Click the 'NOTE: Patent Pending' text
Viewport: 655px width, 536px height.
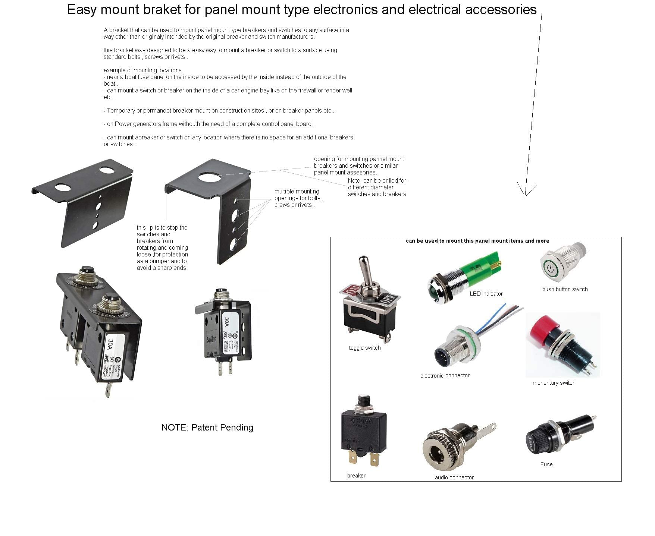click(x=207, y=428)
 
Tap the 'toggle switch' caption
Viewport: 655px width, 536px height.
click(x=364, y=348)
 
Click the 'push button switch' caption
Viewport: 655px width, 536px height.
click(x=565, y=289)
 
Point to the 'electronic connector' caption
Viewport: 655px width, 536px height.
click(x=445, y=375)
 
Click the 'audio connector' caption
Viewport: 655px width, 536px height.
click(x=454, y=477)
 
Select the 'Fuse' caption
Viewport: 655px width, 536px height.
click(x=546, y=464)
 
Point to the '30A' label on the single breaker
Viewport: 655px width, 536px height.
click(x=226, y=321)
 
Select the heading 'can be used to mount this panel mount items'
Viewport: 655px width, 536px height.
click(x=477, y=241)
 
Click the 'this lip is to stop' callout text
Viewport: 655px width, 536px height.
click(x=162, y=247)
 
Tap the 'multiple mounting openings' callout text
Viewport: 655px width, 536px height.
click(x=298, y=198)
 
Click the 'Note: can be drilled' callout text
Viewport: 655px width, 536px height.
click(x=377, y=187)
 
